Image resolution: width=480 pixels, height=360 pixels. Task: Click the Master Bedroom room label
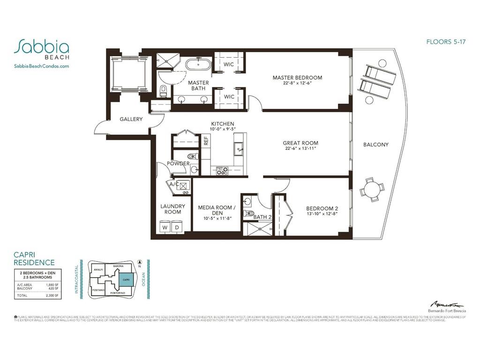pos(297,78)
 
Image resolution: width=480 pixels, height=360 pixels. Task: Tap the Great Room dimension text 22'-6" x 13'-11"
pos(300,149)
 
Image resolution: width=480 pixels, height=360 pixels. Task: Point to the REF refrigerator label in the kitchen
pos(205,140)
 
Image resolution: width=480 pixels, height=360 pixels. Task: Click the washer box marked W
pos(165,227)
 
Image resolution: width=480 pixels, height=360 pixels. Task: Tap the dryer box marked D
pos(177,227)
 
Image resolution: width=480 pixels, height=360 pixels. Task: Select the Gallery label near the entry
pos(131,119)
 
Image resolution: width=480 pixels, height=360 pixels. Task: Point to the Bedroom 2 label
pos(322,209)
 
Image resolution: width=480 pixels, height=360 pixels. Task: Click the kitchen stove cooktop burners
pos(222,171)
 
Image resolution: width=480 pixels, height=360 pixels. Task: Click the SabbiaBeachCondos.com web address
pos(42,67)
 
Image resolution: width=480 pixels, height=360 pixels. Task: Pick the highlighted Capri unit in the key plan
pos(125,280)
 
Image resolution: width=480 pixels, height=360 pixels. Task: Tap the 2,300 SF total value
pos(52,296)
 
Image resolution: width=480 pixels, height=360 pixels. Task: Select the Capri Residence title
pos(34,259)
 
